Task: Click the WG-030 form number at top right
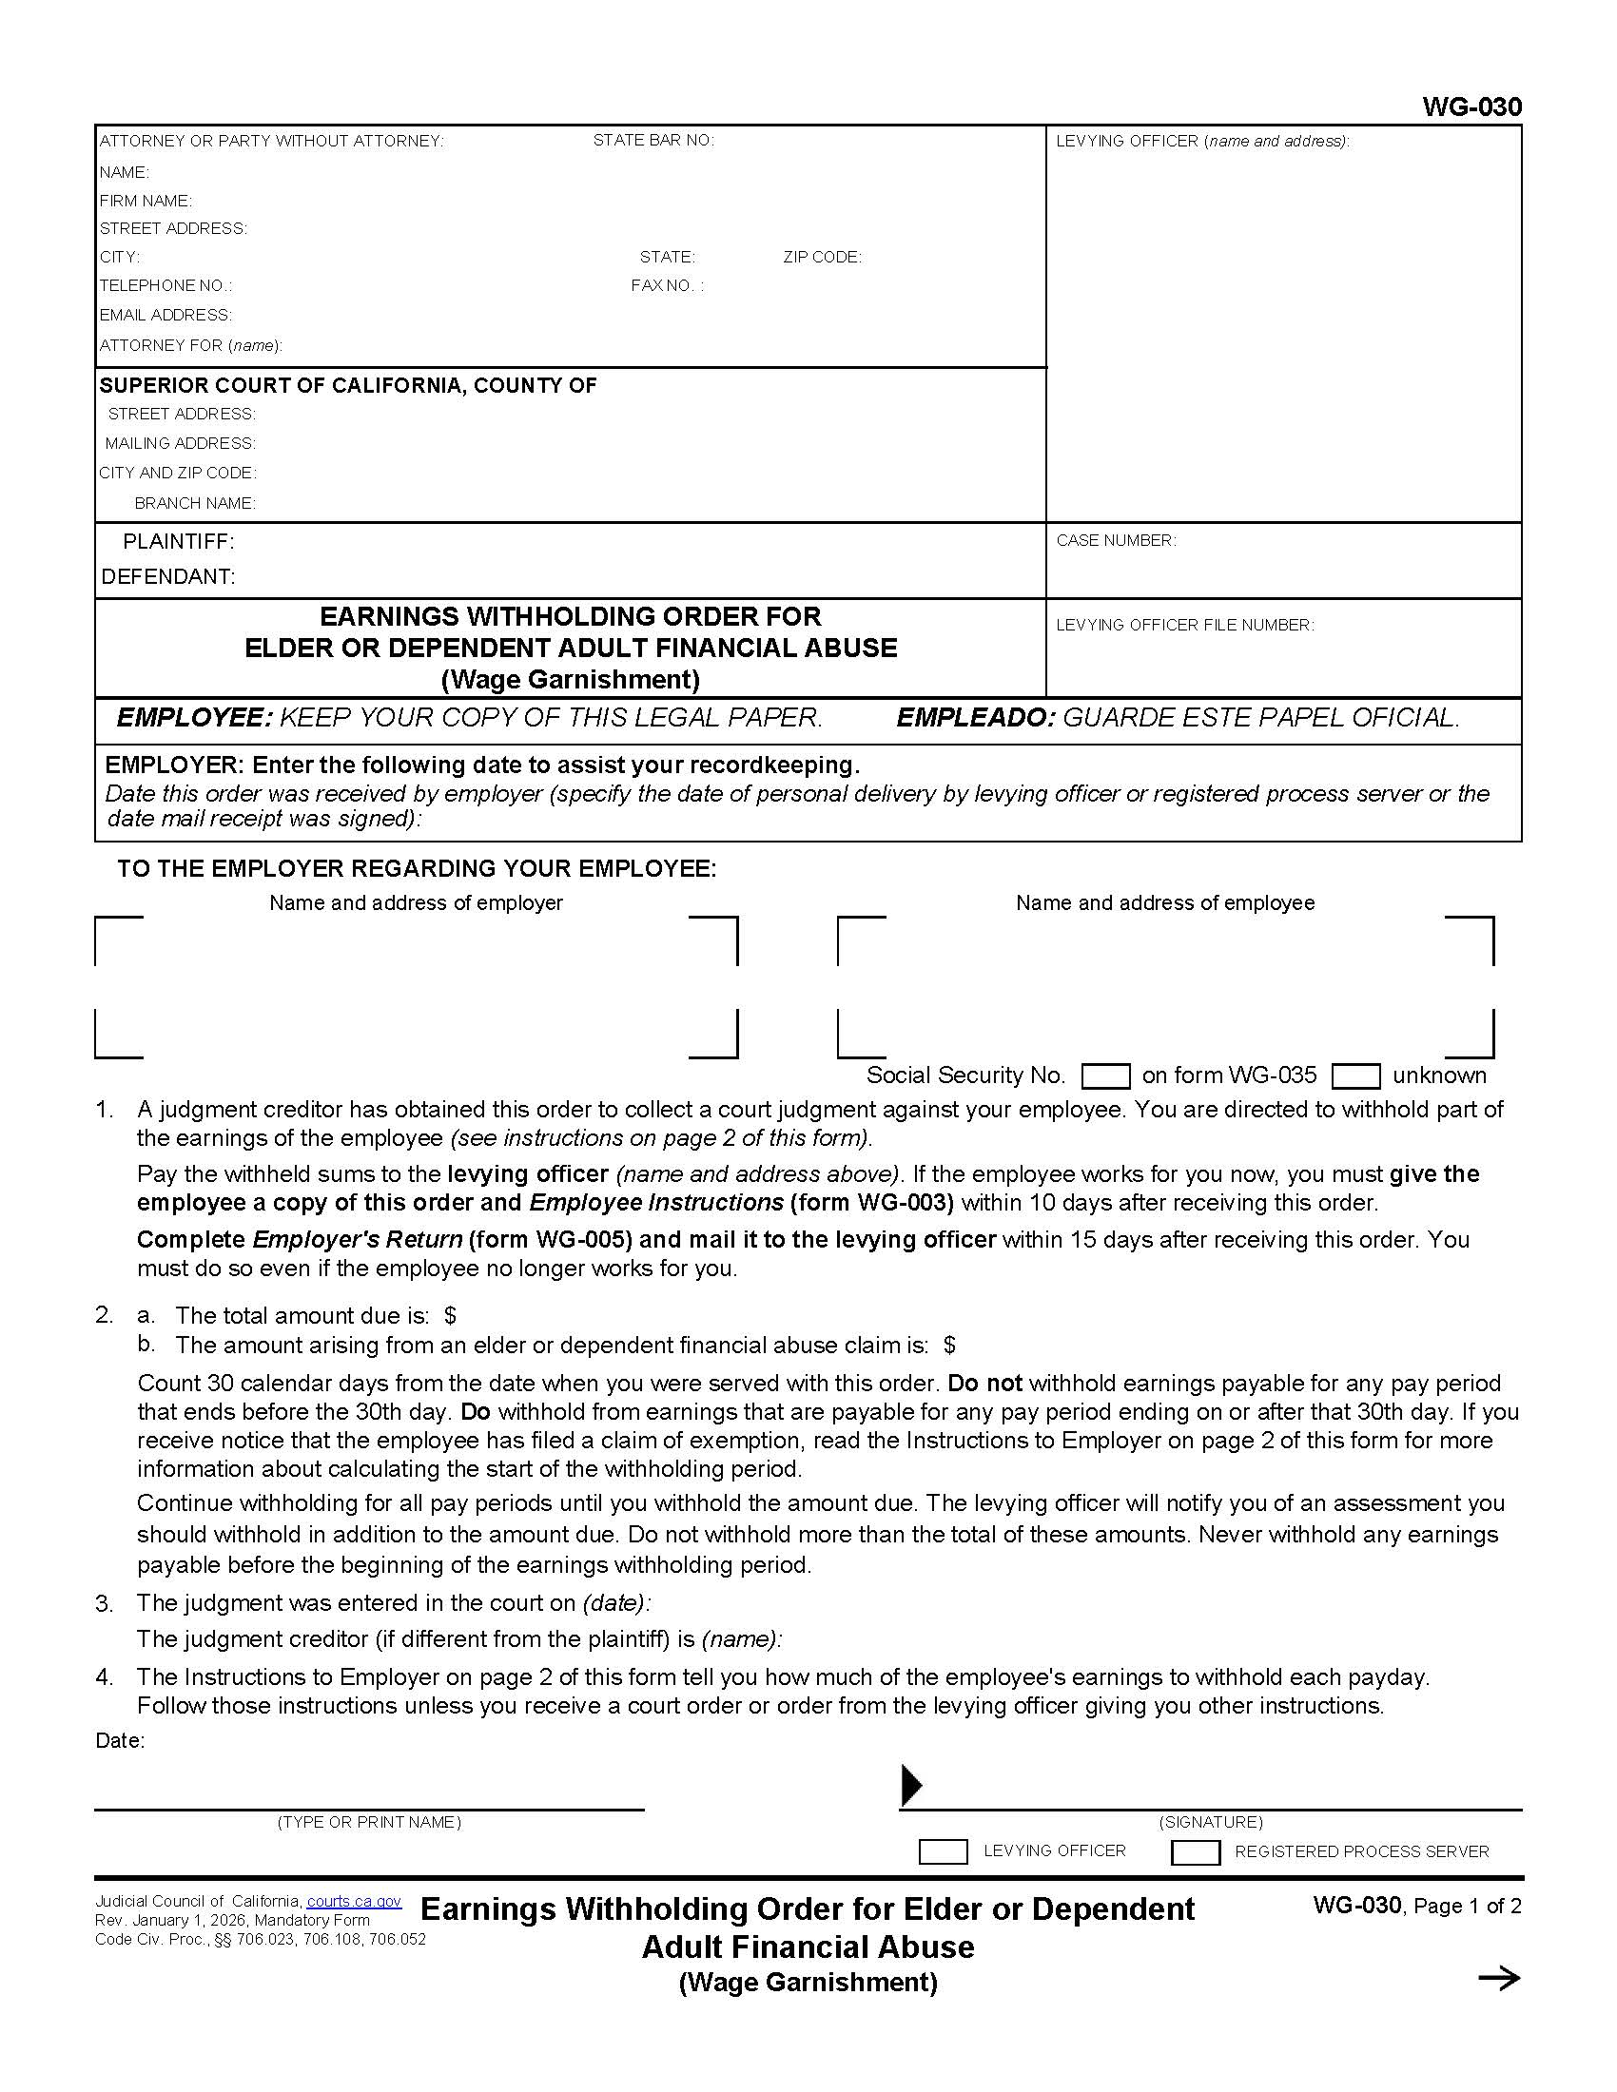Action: [x=1471, y=107]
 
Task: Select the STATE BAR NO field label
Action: [x=653, y=141]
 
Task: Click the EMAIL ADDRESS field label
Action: [x=165, y=315]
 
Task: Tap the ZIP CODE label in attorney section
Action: [x=821, y=257]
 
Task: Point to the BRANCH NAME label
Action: [x=194, y=503]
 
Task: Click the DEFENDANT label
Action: [x=167, y=576]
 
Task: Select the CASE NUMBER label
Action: [x=1115, y=540]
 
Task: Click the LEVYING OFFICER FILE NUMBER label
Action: [x=1184, y=625]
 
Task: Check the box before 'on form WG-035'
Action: [x=1104, y=1076]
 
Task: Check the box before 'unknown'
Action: [x=1355, y=1076]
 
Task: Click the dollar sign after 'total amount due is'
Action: [x=450, y=1316]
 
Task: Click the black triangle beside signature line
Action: [x=911, y=1785]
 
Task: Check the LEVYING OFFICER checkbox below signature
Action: [x=943, y=1851]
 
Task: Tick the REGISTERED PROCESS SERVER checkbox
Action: [x=1195, y=1851]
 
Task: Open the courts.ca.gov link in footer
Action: [x=354, y=1902]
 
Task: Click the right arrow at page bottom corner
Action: [x=1498, y=1979]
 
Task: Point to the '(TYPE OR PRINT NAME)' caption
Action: [x=369, y=1822]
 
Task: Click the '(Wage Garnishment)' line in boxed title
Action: [x=570, y=679]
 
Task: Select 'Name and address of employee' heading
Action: [x=1164, y=902]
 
